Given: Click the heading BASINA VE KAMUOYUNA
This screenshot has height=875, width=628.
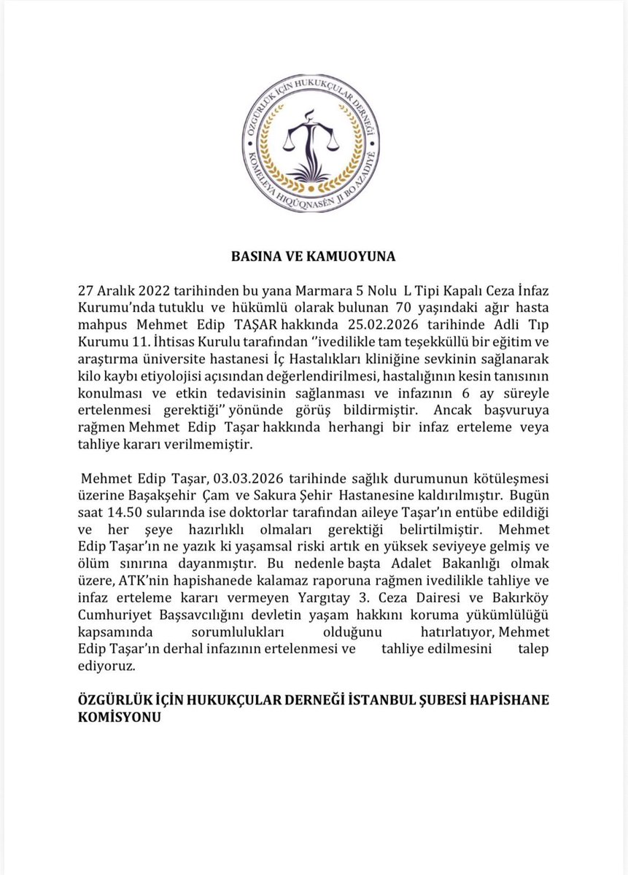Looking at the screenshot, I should click(x=314, y=256).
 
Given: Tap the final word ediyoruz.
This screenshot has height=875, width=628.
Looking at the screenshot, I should click(x=105, y=666).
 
